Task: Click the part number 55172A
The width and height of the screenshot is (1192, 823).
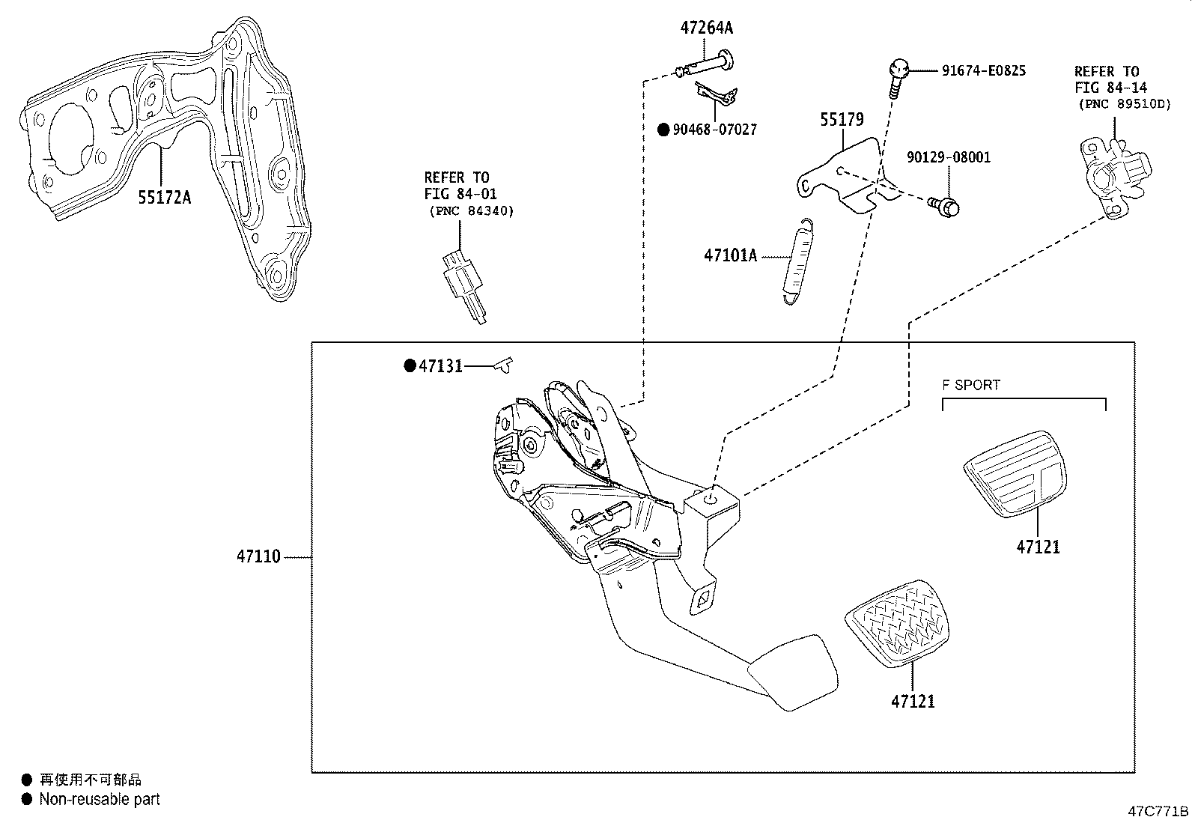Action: click(164, 197)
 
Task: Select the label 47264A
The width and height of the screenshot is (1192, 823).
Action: click(706, 28)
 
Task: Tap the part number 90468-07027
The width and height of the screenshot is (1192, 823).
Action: click(714, 130)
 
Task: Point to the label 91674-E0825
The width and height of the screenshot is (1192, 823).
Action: click(983, 71)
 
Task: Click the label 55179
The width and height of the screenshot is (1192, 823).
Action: click(842, 119)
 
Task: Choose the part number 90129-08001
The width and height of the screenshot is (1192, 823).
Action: click(948, 157)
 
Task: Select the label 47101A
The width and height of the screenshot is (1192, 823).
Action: click(730, 256)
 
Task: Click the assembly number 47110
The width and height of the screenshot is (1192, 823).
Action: click(258, 556)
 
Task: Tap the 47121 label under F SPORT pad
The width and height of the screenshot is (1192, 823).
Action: click(1038, 547)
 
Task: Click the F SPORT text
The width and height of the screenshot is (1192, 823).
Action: click(971, 385)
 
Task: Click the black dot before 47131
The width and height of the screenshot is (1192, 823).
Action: click(409, 365)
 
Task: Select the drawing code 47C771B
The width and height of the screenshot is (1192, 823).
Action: click(1159, 811)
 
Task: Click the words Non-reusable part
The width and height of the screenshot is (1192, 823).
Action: click(100, 799)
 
